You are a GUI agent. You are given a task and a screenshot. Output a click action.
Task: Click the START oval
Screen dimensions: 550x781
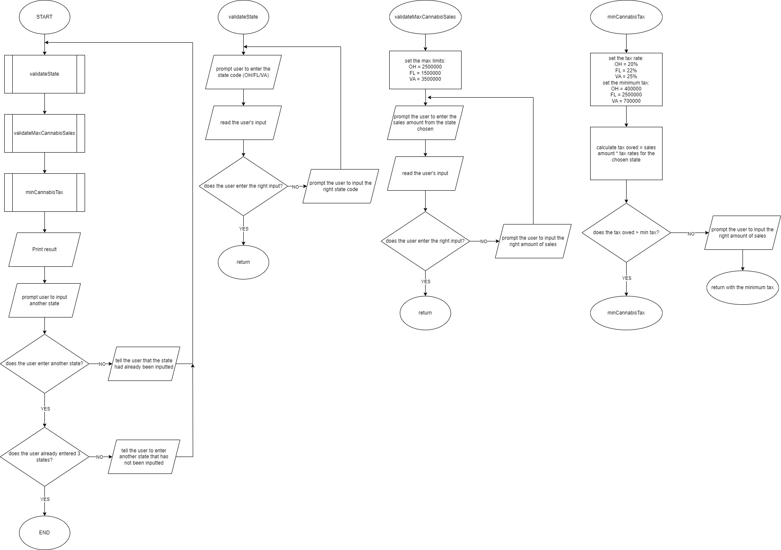click(x=44, y=17)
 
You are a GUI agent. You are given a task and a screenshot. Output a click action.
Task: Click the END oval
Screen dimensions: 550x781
click(x=44, y=533)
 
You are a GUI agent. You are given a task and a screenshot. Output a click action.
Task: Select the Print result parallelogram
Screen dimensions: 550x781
click(x=44, y=249)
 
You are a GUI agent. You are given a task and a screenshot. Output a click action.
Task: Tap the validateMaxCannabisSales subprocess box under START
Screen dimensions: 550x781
click(x=44, y=133)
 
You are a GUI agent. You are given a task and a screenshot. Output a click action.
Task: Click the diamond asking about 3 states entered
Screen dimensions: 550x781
click(x=44, y=457)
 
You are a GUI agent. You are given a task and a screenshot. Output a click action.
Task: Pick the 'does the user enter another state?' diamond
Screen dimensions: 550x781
click(x=44, y=364)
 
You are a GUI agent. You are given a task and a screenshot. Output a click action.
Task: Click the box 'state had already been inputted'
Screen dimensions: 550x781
click(x=144, y=364)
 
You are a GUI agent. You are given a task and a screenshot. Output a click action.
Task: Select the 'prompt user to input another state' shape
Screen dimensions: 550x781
click(x=44, y=300)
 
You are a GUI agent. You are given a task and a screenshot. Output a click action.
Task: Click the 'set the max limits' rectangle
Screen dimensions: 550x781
click(x=425, y=70)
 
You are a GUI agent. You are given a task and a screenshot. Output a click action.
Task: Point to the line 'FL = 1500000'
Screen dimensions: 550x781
click(x=425, y=73)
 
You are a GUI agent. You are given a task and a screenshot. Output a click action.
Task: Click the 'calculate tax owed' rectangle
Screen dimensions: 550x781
click(x=626, y=153)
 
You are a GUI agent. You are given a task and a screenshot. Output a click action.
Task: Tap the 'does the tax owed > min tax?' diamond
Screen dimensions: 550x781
click(x=626, y=233)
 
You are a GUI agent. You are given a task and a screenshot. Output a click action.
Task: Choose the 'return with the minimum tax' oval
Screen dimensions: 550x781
click(x=742, y=287)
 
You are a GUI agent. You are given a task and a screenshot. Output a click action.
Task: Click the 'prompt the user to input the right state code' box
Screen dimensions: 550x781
click(x=341, y=186)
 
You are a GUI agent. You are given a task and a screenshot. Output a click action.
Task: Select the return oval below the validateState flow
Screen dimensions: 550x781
click(x=243, y=262)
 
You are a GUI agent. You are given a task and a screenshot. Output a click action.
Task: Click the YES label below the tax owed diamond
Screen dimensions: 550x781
click(x=627, y=278)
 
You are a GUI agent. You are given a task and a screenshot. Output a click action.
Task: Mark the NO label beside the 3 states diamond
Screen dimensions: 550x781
click(x=99, y=457)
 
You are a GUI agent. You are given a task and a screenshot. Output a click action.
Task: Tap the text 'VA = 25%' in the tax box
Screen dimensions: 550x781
click(x=626, y=77)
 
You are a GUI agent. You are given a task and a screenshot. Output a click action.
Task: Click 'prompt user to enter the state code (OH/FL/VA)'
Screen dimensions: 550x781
click(x=243, y=72)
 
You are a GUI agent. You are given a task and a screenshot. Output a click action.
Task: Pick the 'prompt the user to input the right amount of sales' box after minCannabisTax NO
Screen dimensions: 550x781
click(x=742, y=233)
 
